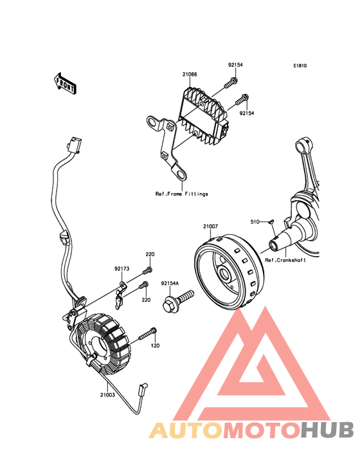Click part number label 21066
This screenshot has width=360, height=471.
tap(190, 74)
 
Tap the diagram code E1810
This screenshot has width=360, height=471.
tap(300, 66)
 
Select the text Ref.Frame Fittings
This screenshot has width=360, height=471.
tap(182, 194)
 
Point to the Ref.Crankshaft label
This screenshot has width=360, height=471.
tap(285, 260)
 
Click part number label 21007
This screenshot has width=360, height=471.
tap(210, 226)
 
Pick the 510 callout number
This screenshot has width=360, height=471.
tap(255, 222)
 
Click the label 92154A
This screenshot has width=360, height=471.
tap(170, 283)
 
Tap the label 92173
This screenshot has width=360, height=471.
tap(122, 268)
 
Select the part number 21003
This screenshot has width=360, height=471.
tap(108, 394)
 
